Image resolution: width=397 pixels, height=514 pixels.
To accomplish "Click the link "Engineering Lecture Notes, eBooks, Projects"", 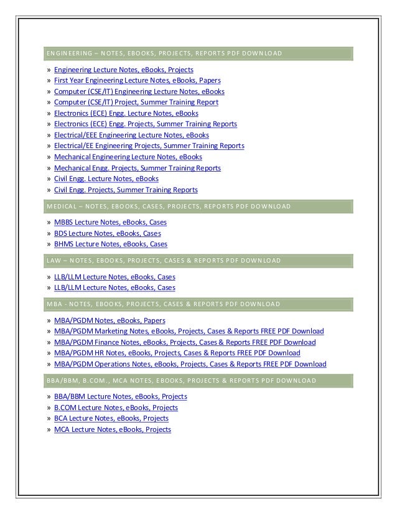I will point(123,69).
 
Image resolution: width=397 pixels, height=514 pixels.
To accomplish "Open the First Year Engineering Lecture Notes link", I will point(137,80).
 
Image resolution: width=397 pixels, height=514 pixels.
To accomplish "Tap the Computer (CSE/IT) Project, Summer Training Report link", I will point(136,102).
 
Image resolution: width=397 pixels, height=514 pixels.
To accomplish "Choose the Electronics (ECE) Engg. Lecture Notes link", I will point(126,113).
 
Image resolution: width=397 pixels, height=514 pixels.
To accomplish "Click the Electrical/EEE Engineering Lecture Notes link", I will point(131,135).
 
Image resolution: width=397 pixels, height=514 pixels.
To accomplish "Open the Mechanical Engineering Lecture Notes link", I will point(128,157).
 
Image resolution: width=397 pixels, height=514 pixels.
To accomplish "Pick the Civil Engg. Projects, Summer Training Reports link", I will point(126,190).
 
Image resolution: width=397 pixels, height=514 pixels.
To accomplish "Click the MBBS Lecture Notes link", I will point(110,222).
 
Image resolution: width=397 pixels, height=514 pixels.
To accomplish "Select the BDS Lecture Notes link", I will point(107,233).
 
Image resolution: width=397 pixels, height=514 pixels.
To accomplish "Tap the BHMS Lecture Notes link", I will point(110,244).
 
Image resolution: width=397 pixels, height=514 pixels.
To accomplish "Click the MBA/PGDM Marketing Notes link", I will point(189,331).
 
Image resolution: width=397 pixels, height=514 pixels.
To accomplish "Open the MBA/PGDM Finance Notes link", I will point(185,342).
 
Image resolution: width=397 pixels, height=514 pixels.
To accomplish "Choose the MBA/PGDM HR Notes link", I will point(177,353).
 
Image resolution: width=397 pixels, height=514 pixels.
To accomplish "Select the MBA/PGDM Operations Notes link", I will point(190,364).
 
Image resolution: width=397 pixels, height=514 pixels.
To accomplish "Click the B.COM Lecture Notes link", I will point(116,408).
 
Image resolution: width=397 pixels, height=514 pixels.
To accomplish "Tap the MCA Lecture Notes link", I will point(112,429).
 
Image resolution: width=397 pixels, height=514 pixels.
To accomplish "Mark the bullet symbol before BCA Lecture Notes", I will point(49,419).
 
